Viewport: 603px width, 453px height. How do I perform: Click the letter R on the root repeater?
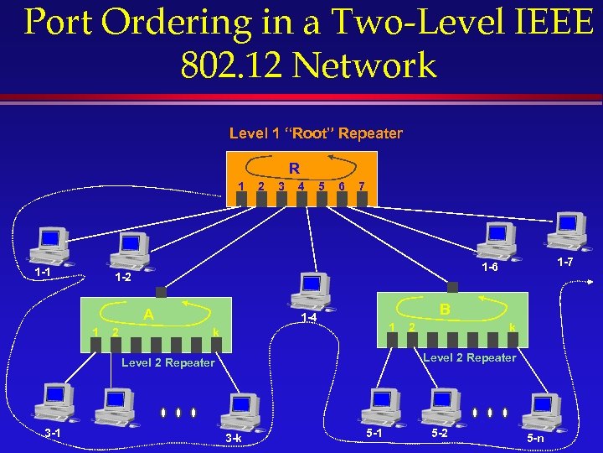pyautogui.click(x=295, y=169)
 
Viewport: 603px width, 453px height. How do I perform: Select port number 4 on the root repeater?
pyautogui.click(x=301, y=185)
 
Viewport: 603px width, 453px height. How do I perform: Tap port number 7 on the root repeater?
pyautogui.click(x=361, y=185)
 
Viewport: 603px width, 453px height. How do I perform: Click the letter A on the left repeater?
pyautogui.click(x=148, y=315)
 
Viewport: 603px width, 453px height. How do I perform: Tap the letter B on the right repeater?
pyautogui.click(x=445, y=310)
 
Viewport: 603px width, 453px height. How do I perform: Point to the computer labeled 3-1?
pyautogui.click(x=53, y=402)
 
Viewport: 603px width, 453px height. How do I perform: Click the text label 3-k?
pyautogui.click(x=233, y=439)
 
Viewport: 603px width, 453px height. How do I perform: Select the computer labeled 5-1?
pyautogui.click(x=379, y=408)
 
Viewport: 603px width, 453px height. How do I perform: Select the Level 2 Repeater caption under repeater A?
pyautogui.click(x=167, y=362)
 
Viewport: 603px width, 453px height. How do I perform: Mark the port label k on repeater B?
pyautogui.click(x=512, y=325)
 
